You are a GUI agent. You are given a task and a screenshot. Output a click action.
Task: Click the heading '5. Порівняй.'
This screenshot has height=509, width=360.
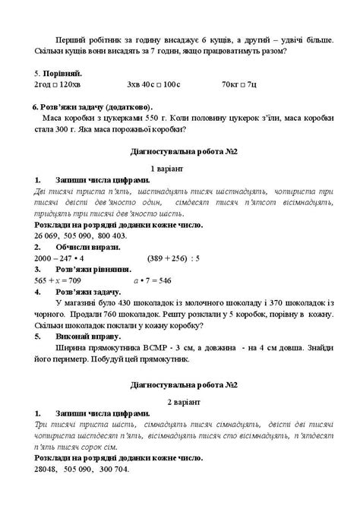pos(54,73)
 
